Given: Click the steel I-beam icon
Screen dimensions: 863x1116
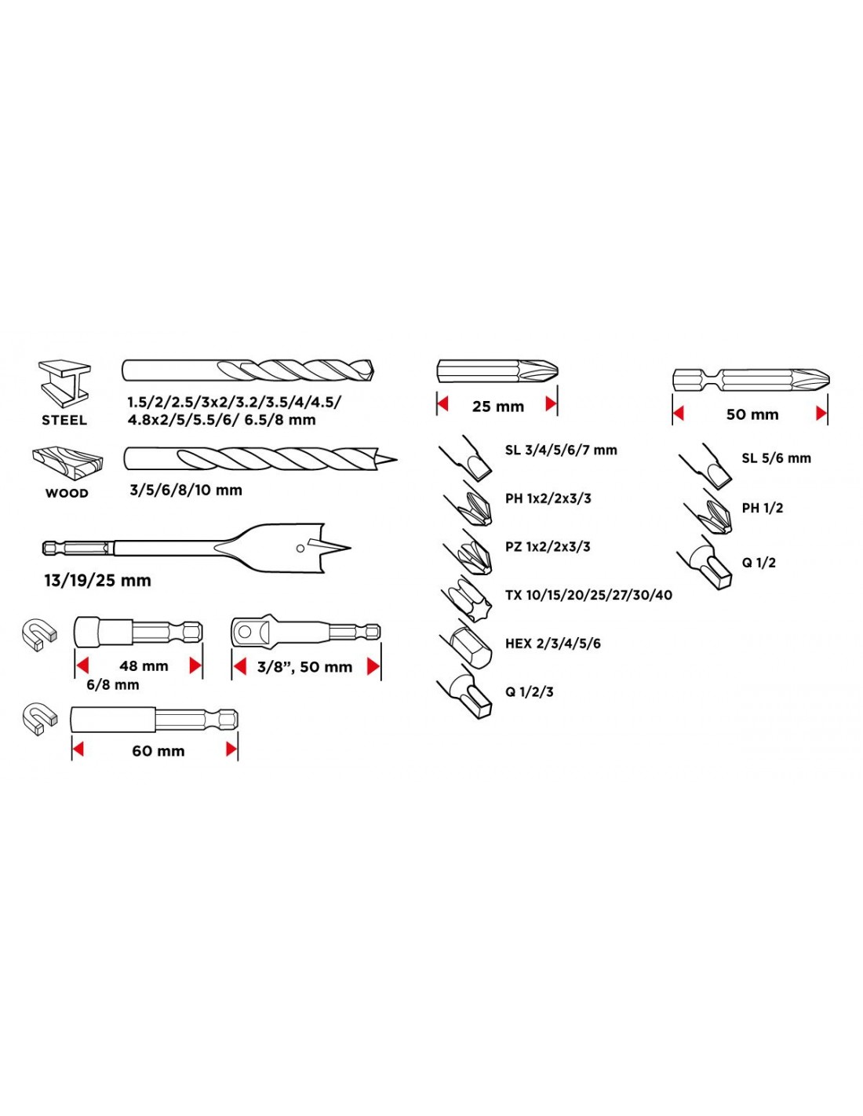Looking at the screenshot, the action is pos(64,384).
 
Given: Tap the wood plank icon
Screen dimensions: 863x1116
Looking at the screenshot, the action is pos(67,462).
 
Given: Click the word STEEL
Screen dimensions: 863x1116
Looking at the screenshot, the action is pos(64,420).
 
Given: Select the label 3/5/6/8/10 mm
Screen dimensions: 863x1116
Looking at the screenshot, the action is pos(186,490).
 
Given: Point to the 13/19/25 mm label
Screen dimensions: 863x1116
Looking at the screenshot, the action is pos(98,581).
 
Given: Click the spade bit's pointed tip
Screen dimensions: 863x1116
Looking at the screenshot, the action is pos(351,548).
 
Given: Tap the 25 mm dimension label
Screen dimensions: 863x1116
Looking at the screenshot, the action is pos(498,407).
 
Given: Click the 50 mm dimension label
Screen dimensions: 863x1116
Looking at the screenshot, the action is pos(752,414).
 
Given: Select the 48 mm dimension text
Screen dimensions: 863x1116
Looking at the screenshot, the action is pos(144,666).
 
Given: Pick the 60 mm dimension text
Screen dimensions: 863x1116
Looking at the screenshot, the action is pos(158,751).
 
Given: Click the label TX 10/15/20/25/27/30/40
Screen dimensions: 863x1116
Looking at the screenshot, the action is pos(589,595).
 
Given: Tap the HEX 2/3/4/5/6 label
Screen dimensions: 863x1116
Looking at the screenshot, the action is pos(553,644).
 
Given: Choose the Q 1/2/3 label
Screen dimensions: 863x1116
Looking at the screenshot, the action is pos(530,691).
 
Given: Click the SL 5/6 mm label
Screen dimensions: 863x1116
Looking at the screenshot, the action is pos(776,458).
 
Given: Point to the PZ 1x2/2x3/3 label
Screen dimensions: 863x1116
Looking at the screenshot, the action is pos(548,546).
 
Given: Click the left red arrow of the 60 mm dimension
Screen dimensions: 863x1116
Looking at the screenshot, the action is pos(78,750).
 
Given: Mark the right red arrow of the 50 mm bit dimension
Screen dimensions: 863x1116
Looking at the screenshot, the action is pos(821,414).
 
